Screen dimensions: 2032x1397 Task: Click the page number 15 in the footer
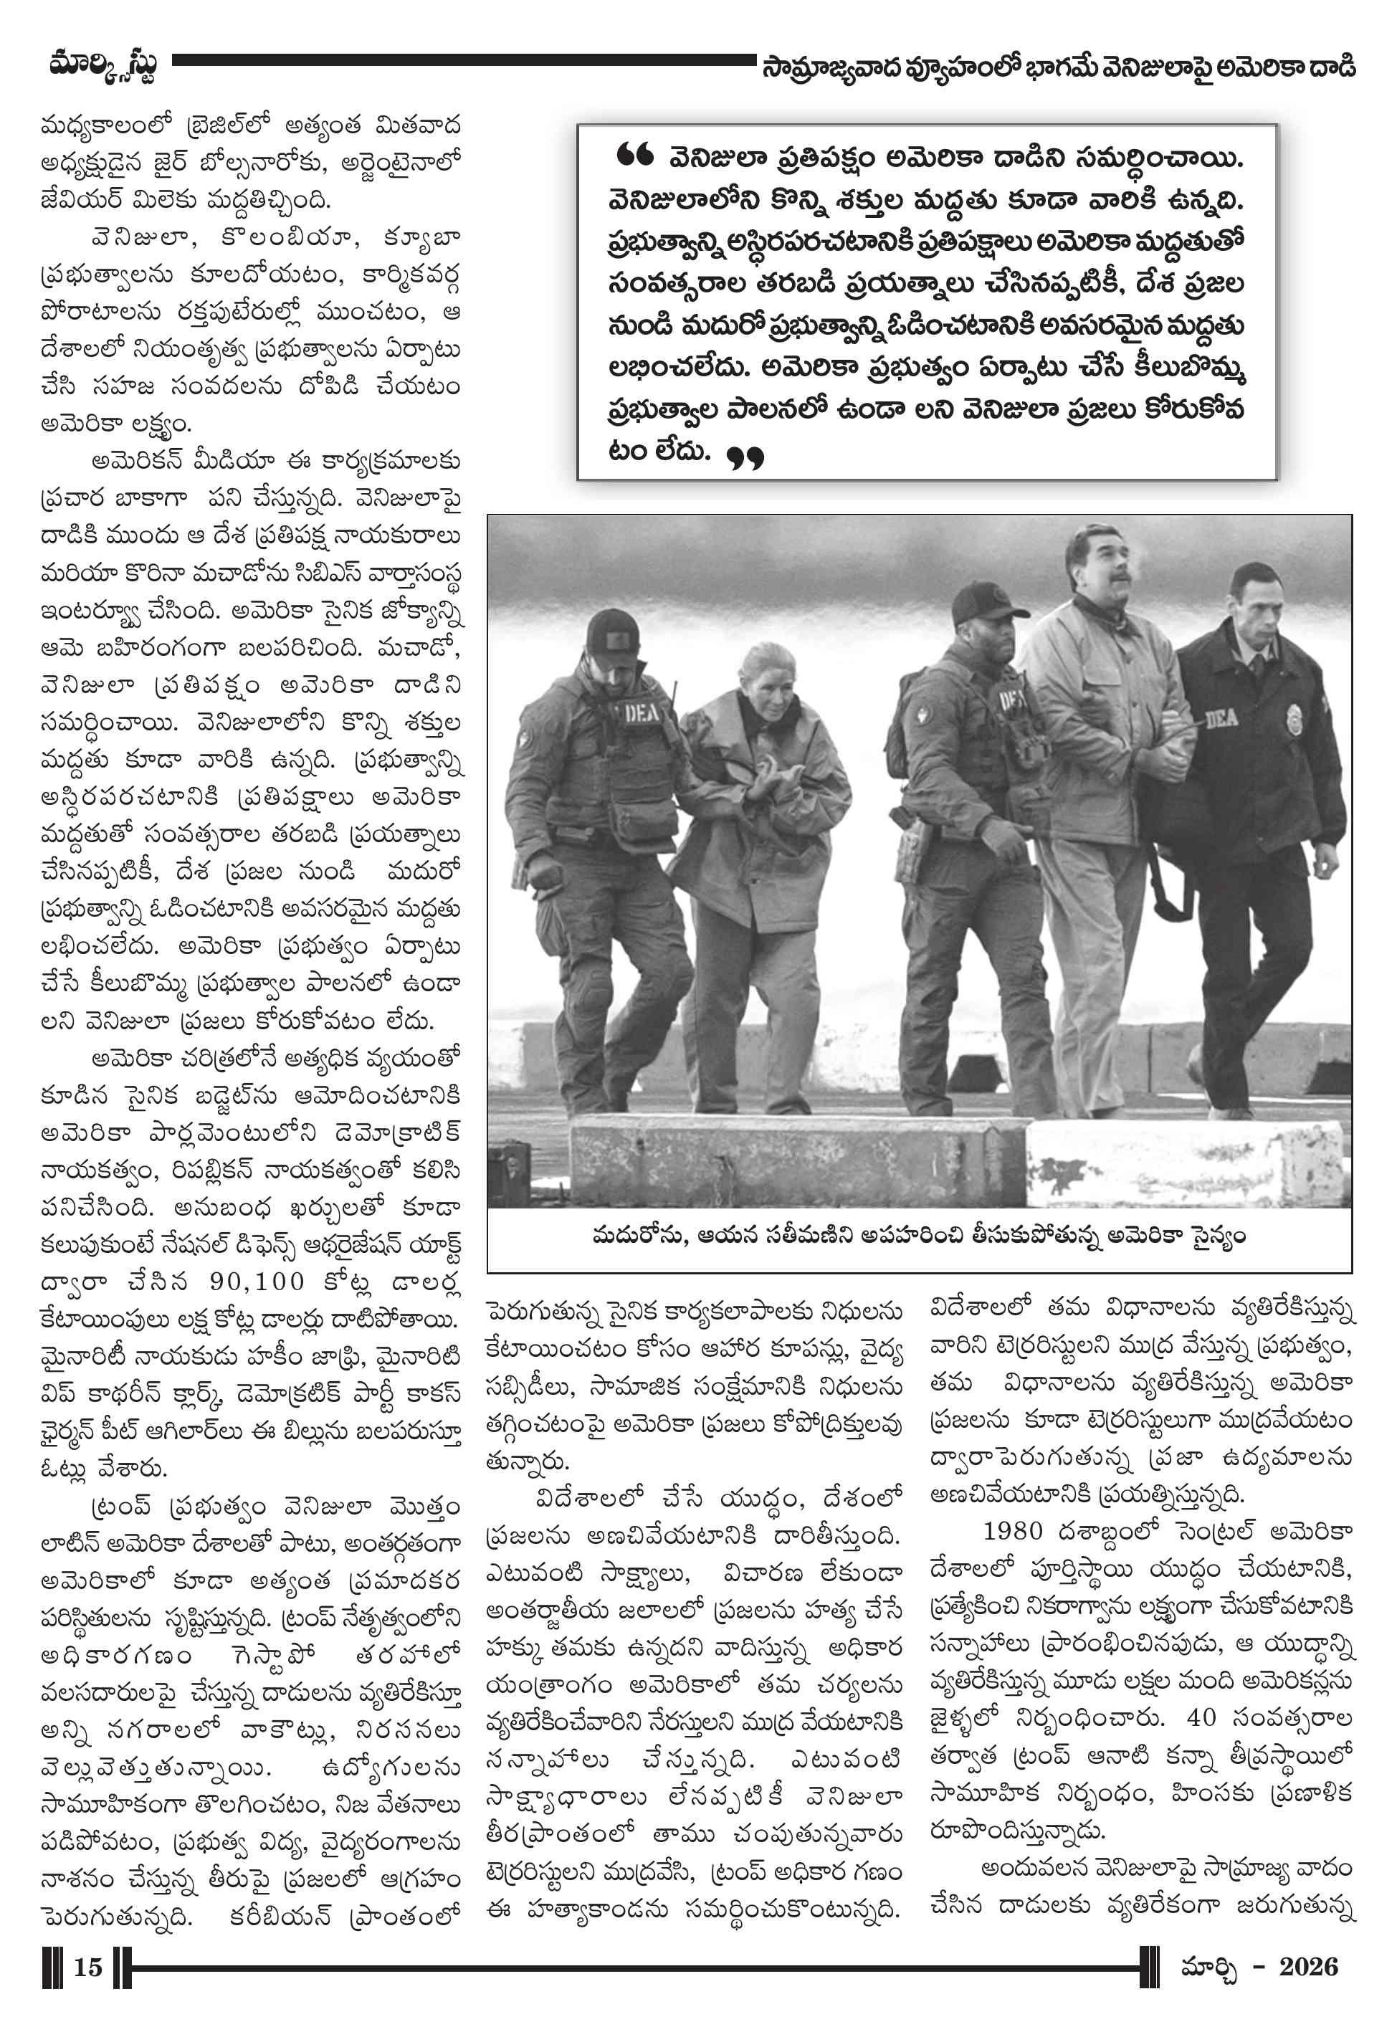(x=87, y=1967)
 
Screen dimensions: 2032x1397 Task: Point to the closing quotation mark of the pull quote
(x=745, y=458)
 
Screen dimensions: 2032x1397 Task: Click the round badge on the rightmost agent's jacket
(x=1293, y=718)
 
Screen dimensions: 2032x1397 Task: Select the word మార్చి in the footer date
(x=1208, y=1968)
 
